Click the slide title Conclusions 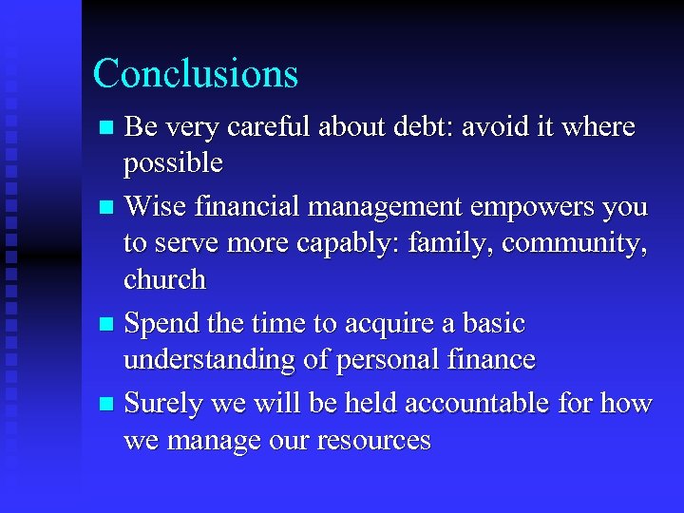pos(195,74)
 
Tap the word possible pos(173,164)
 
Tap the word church pos(164,279)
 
